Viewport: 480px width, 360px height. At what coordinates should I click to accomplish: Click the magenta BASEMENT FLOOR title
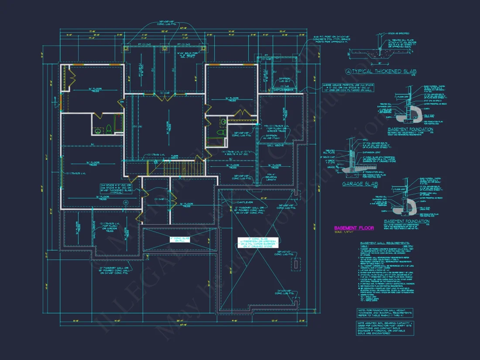(x=354, y=228)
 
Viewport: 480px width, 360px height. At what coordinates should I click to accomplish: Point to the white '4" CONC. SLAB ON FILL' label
(x=180, y=240)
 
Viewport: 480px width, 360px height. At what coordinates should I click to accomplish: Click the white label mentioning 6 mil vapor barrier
(x=257, y=243)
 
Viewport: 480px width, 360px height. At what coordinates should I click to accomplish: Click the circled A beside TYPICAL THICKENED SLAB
(x=348, y=71)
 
